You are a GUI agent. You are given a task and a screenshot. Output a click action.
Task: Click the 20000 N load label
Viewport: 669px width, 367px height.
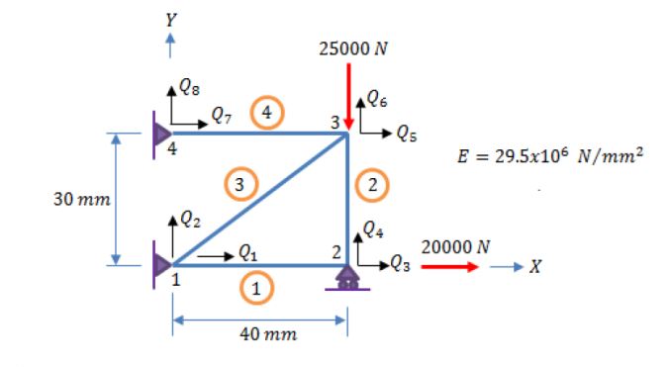click(x=452, y=245)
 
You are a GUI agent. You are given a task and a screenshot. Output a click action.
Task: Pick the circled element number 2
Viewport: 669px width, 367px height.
click(x=372, y=183)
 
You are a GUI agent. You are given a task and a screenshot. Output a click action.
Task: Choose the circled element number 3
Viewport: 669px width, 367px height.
click(x=238, y=183)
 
